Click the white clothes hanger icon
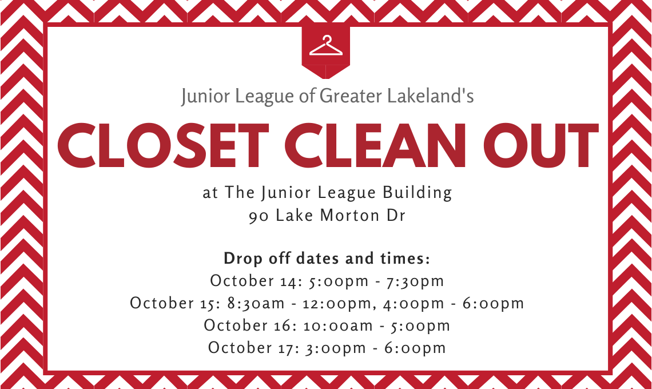tap(326, 46)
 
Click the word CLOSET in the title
tap(163, 146)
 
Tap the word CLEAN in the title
tap(375, 146)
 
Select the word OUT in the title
tap(540, 146)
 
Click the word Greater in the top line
tap(351, 96)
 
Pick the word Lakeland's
tap(430, 96)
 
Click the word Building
tap(417, 193)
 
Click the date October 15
tap(175, 303)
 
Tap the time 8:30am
tap(256, 303)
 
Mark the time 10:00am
tap(338, 326)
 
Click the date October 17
tap(253, 348)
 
